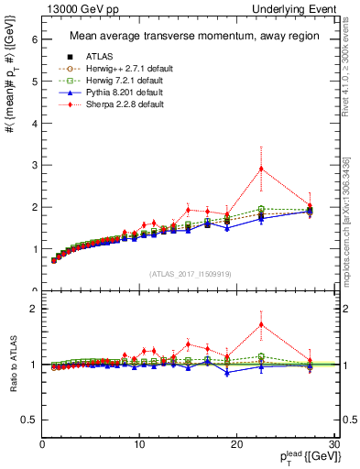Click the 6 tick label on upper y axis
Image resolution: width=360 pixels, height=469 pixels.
(x=33, y=39)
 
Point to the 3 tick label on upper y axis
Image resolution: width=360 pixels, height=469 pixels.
(x=33, y=165)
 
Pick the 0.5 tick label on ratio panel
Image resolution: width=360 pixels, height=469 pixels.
(x=27, y=420)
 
